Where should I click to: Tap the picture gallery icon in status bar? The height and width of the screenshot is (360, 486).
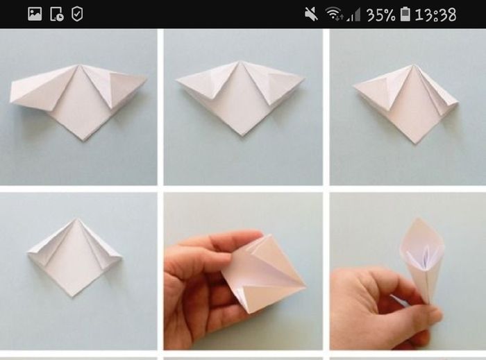click(35, 15)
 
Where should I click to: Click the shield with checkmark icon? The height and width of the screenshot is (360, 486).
click(77, 15)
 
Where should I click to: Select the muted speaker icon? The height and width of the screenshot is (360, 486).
click(311, 15)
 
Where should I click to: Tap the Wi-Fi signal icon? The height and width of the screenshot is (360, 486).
click(334, 14)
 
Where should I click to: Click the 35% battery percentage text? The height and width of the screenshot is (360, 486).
click(381, 15)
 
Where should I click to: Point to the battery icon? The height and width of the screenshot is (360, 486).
click(405, 15)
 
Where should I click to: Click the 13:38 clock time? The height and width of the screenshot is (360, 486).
click(435, 15)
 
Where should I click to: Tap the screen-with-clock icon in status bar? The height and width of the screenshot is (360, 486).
click(57, 15)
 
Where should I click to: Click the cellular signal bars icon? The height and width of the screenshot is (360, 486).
click(353, 15)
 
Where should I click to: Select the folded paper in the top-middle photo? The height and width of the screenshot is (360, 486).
click(240, 96)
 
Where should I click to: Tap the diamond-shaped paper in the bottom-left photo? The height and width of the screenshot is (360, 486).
click(74, 257)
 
